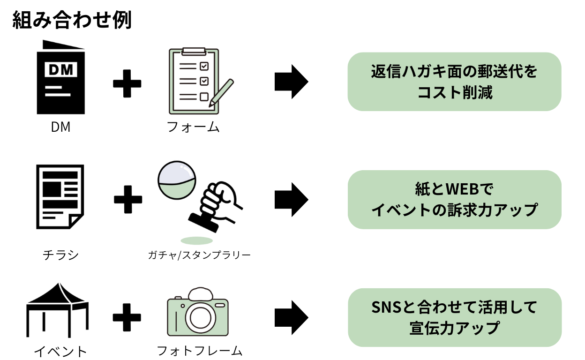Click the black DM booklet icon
60,78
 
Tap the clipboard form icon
193,81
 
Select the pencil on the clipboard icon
222,91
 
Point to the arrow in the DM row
291,82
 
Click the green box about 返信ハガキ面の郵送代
454,82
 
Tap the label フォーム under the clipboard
193,127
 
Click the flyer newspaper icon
60,197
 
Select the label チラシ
60,255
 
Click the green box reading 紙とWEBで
454,200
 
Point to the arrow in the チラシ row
291,200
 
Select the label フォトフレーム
199,351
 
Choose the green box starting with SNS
454,317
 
